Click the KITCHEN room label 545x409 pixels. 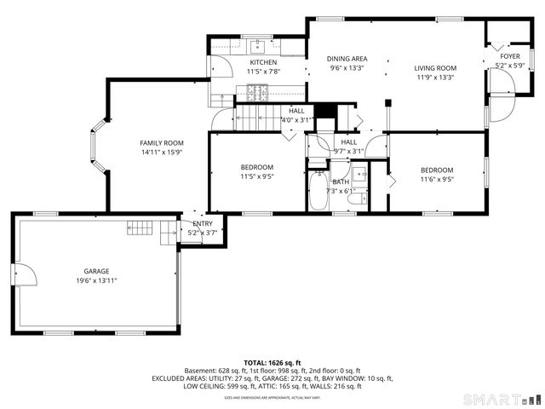[x=262, y=62]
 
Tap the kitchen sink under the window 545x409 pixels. [x=256, y=46]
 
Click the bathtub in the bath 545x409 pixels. [x=317, y=192]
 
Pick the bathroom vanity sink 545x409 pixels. [x=359, y=178]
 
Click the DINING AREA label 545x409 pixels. [x=347, y=59]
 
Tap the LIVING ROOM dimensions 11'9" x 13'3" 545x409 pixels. [x=435, y=78]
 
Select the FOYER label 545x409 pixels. [x=509, y=56]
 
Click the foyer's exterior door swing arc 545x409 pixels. [x=502, y=106]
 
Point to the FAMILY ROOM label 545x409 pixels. [x=162, y=142]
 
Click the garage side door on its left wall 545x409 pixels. [x=26, y=278]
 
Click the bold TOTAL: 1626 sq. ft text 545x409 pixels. [x=272, y=363]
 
